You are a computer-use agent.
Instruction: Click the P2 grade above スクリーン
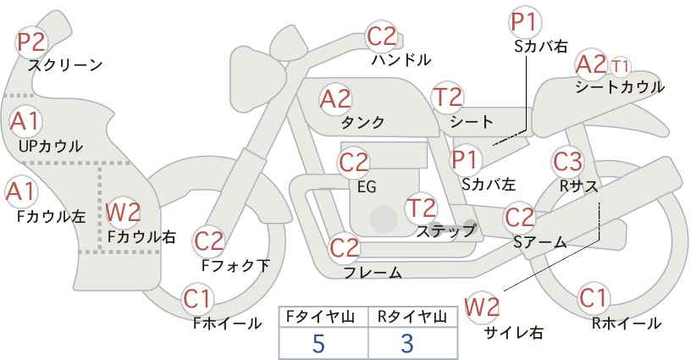point(31,42)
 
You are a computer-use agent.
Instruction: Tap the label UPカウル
point(51,146)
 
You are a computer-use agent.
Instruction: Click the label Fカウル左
point(51,217)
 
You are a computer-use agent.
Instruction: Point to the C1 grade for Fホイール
point(196,299)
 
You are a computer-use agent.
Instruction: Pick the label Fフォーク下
point(235,265)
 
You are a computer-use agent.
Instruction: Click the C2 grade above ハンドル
point(382,36)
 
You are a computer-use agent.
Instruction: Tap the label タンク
point(362,122)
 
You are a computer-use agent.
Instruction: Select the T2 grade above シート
point(448,97)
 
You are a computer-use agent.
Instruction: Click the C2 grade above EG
point(354,163)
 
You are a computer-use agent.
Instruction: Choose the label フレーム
point(373,273)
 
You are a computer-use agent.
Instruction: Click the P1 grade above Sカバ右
point(526,22)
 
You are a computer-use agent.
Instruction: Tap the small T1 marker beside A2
point(620,67)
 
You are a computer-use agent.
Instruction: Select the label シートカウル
point(620,87)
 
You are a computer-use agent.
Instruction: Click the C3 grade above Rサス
point(567,162)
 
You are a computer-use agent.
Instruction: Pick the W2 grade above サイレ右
point(482,307)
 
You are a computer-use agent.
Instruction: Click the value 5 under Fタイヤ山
point(318,343)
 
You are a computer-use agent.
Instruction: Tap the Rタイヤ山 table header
point(412,317)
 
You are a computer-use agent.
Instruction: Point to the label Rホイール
point(627,324)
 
